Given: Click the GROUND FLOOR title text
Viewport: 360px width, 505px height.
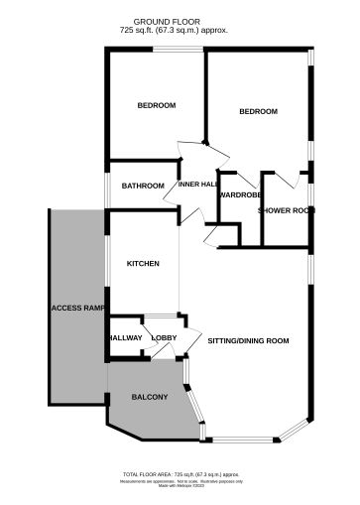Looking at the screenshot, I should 180,21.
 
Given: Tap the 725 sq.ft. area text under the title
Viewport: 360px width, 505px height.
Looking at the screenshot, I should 180,30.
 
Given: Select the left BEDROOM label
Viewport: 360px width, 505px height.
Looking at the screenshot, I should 157,106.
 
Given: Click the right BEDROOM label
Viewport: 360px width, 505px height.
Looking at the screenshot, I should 258,112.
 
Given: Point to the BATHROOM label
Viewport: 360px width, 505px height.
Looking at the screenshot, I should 143,186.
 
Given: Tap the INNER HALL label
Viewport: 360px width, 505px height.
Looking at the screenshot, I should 198,185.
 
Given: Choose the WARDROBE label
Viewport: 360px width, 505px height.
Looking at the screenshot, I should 239,194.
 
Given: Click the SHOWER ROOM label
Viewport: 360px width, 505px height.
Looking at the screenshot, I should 286,210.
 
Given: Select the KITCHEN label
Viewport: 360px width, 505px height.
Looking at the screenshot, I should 143,263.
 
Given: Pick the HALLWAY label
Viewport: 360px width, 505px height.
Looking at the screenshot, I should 125,338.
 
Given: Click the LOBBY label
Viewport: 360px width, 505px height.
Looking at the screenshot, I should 164,338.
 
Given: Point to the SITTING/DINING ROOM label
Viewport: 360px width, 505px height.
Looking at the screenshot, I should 248,341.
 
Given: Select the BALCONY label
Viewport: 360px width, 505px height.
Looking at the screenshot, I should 150,398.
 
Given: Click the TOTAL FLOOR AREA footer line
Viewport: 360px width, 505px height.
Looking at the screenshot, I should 180,475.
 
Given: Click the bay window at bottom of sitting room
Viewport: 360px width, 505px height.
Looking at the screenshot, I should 244,438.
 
